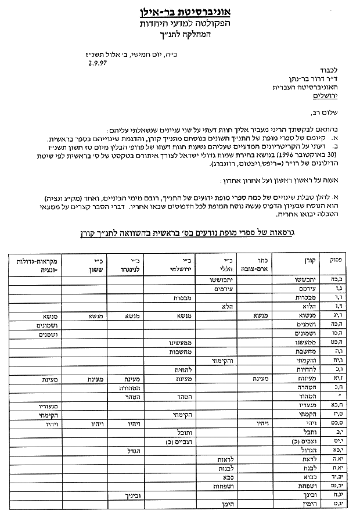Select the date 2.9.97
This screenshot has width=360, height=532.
click(x=96, y=67)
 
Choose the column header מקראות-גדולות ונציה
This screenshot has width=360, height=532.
click(x=33, y=264)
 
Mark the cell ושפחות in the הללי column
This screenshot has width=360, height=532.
click(x=224, y=486)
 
